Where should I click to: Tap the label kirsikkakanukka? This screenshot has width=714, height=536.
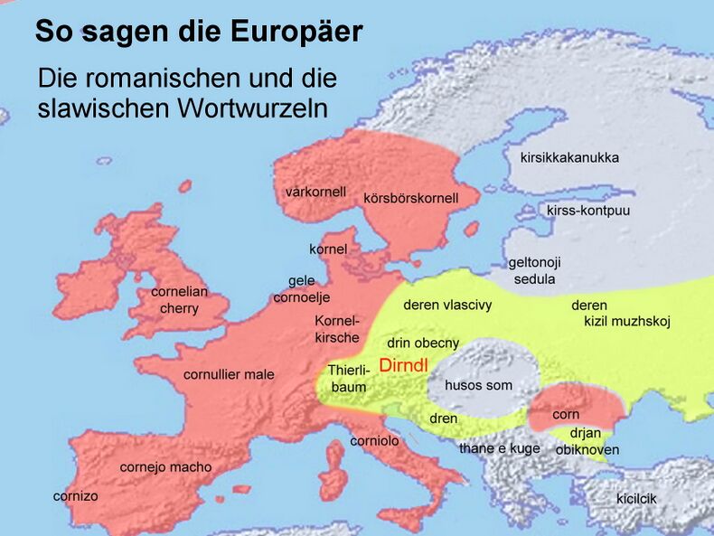click(569, 157)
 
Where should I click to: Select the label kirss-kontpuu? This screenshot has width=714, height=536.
click(588, 211)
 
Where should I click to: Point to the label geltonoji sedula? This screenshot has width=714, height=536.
click(534, 270)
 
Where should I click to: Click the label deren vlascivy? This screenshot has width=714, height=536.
click(447, 305)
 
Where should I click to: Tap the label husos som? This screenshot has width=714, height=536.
click(478, 385)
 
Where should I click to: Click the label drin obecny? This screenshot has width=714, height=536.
click(423, 343)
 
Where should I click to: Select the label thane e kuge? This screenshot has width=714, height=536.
click(499, 448)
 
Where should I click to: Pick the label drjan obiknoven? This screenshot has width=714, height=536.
click(587, 441)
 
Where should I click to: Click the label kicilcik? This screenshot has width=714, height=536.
click(636, 499)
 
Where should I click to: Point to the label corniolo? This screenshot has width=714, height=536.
click(374, 441)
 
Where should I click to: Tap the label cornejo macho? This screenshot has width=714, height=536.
click(165, 467)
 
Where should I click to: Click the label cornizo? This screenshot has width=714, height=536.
click(75, 495)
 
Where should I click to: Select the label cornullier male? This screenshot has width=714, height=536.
click(229, 374)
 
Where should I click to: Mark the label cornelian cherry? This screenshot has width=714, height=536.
click(179, 300)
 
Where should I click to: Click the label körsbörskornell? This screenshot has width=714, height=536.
click(410, 198)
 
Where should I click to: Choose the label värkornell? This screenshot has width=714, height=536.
click(315, 192)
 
